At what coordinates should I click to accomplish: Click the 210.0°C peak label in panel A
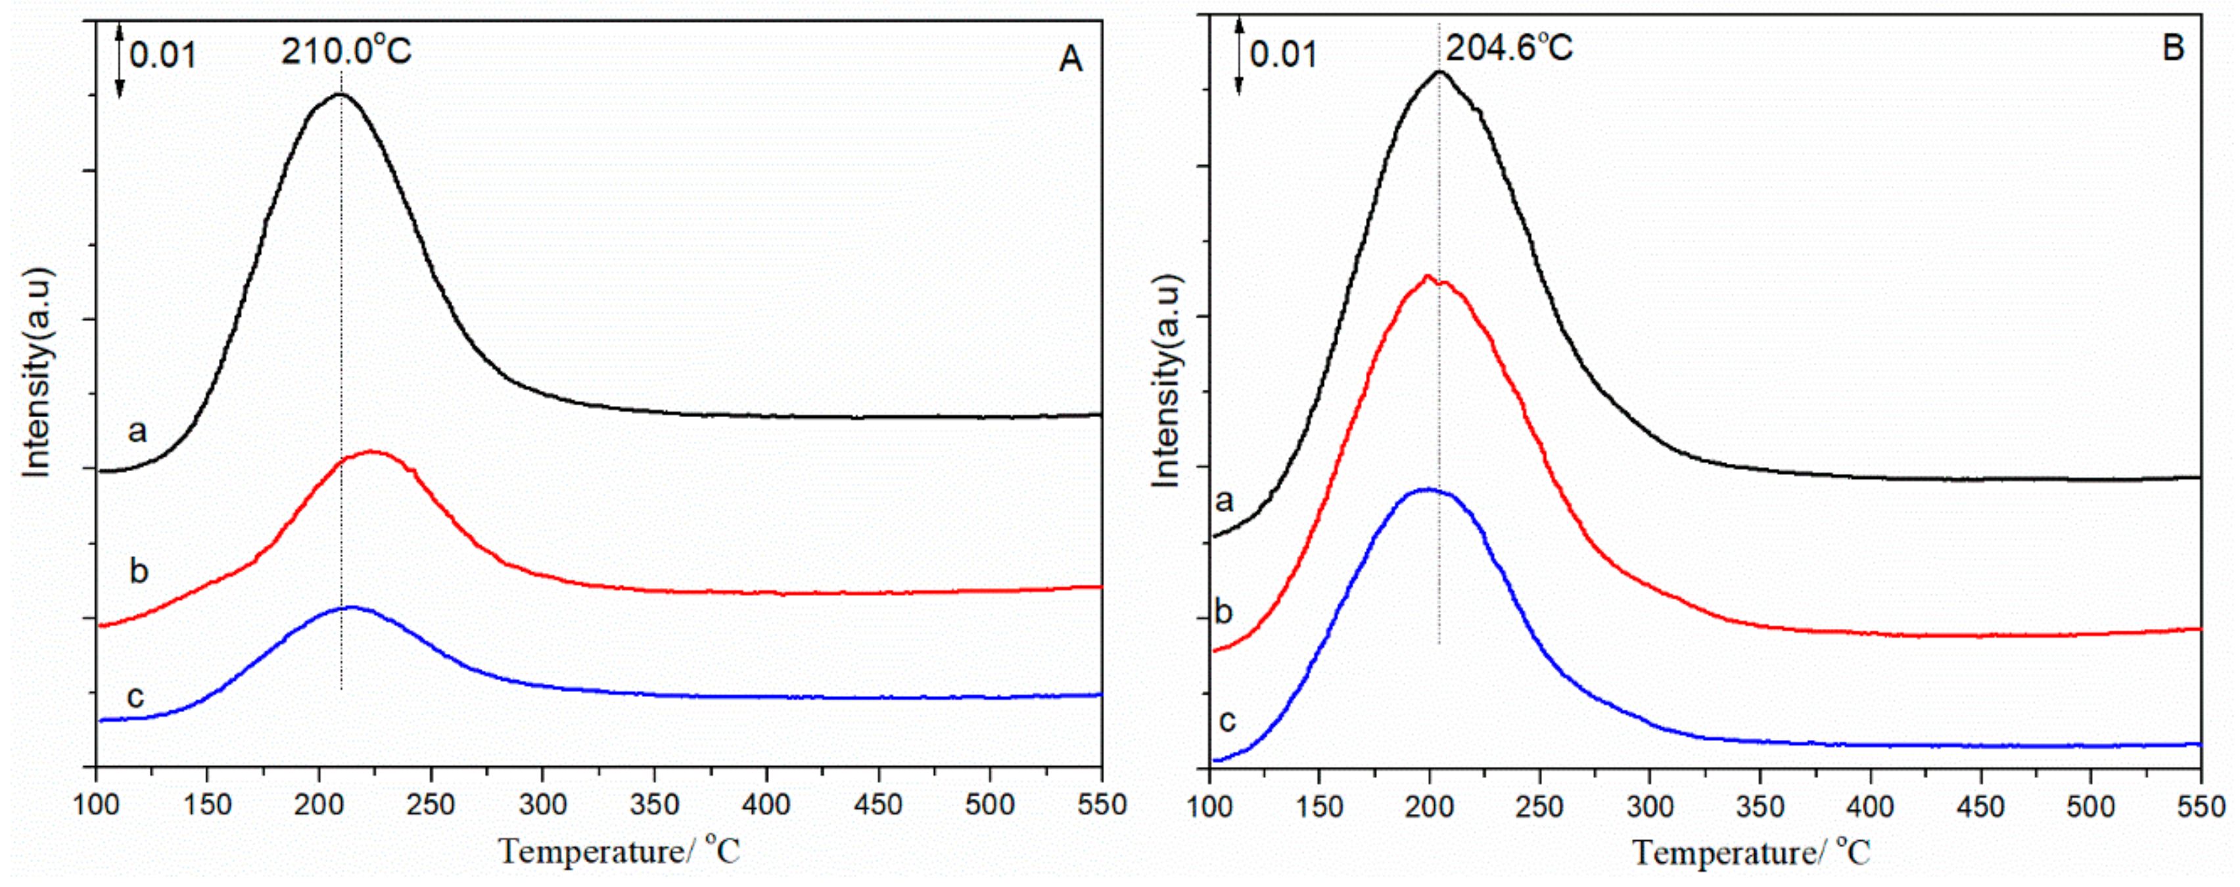(345, 52)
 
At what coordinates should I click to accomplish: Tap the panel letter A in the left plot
(1071, 59)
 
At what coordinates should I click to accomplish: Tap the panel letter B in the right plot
(2173, 49)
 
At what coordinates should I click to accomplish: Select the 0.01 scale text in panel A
(164, 57)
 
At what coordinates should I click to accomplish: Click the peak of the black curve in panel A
(339, 96)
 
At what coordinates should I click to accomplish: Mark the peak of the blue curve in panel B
(1426, 489)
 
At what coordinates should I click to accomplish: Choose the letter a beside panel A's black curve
(137, 430)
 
